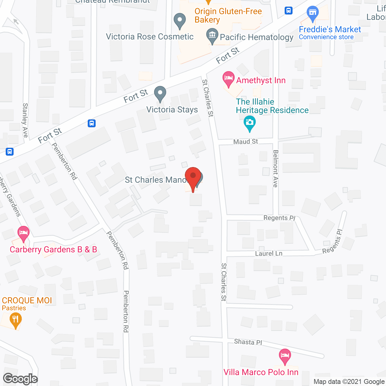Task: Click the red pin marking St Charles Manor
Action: tap(193, 176)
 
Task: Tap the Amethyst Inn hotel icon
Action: tap(229, 79)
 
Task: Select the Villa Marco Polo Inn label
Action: tap(261, 372)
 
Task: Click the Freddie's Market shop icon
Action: tap(313, 14)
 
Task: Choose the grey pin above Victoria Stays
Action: tap(160, 94)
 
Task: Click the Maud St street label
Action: tap(245, 141)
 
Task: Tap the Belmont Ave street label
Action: tap(275, 169)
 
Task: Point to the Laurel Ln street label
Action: tap(269, 253)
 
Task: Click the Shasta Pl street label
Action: tap(248, 342)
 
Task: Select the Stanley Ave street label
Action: tap(25, 120)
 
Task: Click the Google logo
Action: tap(21, 379)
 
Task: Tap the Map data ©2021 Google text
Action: tap(349, 382)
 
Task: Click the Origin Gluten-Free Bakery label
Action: tap(228, 15)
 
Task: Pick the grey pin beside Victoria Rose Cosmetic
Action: tap(180, 21)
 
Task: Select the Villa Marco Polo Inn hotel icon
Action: tap(285, 356)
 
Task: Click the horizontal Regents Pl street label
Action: tap(279, 218)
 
